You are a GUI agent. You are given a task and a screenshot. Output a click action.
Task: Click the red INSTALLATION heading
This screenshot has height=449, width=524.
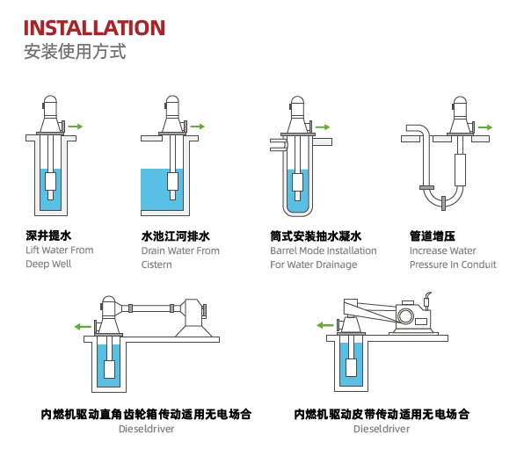pos(94,28)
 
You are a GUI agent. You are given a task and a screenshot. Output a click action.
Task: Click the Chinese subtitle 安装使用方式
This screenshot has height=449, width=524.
pos(75,52)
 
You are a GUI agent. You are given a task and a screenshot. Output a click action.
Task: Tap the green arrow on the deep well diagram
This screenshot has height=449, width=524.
pos(76,127)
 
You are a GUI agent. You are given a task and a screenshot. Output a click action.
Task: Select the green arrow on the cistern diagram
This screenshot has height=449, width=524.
pos(197,127)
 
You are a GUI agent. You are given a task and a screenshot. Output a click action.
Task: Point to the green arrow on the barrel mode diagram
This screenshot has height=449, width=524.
pos(323,127)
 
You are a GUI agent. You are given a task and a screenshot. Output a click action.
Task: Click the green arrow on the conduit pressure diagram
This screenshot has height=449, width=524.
pos(485,127)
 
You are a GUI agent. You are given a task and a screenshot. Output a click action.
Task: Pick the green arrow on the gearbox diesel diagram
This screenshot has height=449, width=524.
pos(83,326)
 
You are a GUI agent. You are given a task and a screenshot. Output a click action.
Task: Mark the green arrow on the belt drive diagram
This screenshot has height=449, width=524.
pos(325,325)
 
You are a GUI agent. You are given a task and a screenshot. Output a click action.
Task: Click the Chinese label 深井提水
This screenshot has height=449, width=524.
pos(48,235)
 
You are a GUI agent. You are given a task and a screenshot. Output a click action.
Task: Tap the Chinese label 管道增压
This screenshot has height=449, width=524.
pos(432,235)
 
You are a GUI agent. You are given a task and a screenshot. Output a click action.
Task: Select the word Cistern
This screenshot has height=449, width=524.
pos(156,264)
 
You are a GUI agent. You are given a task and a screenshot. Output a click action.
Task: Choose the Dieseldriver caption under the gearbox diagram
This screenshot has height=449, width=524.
pos(146,429)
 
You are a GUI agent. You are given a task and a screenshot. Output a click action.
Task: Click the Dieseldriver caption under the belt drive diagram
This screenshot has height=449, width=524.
pos(382,429)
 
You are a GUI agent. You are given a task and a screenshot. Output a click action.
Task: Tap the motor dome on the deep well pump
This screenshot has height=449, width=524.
pos(50,102)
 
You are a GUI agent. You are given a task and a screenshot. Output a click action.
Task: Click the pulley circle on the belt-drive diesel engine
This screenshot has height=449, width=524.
pos(405,315)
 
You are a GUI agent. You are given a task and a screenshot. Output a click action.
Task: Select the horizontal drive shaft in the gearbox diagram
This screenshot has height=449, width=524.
pos(151,308)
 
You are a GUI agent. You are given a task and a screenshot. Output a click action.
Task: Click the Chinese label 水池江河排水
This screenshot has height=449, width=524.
pos(176,236)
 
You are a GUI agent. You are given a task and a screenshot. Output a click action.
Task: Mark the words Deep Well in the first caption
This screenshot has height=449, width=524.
pos(48,264)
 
